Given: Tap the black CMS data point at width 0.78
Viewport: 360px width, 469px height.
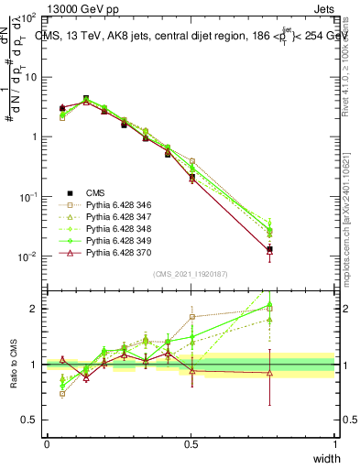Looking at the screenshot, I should [x=269, y=249].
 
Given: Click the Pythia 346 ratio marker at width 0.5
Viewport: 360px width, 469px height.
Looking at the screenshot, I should [x=191, y=317].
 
